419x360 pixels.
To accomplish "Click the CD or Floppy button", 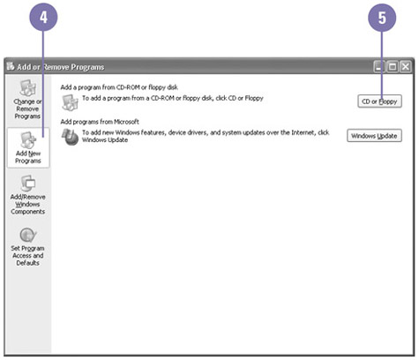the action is (379, 101).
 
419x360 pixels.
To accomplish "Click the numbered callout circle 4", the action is (43, 18).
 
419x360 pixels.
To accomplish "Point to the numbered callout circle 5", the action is (382, 18).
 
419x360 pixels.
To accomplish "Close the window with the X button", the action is (406, 67).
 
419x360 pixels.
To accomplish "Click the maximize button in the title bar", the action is (393, 67).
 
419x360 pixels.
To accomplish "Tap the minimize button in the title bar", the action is (379, 67).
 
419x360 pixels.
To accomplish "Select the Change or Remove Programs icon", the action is (28, 87).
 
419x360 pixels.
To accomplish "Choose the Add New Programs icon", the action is (28, 139).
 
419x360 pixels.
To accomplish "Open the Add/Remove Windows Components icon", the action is (28, 183).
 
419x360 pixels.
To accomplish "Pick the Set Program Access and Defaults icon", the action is (28, 235).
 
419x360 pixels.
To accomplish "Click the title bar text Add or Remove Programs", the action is (61, 67).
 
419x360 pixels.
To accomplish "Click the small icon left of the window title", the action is (11, 66).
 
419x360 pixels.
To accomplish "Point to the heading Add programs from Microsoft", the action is (100, 122).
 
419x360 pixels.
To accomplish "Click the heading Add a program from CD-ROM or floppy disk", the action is (119, 87).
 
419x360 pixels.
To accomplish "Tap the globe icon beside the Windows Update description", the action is (70, 137).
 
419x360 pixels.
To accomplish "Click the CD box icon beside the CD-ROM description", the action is (70, 102).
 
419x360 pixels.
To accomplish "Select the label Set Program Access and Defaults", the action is (27, 256).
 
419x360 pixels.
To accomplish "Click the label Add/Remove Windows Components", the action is (28, 204).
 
